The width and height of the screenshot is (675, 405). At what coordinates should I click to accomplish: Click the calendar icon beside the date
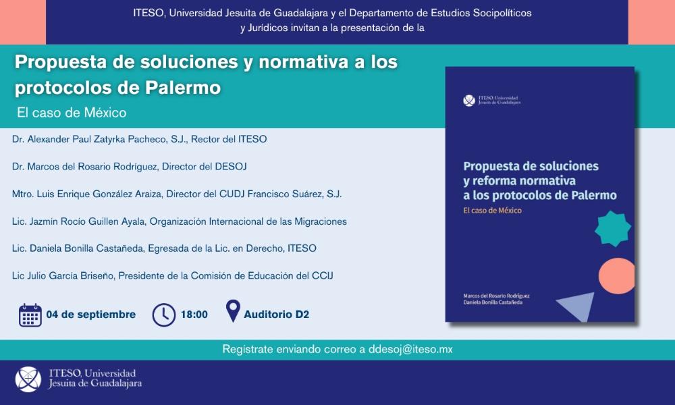pyautogui.click(x=30, y=315)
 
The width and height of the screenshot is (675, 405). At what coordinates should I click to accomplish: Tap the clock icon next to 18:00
pyautogui.click(x=163, y=315)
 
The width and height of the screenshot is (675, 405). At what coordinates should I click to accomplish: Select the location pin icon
pyautogui.click(x=233, y=311)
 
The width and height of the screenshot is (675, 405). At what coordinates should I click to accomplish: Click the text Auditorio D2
pyautogui.click(x=276, y=315)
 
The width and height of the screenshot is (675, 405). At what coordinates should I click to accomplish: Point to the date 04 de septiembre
pyautogui.click(x=91, y=315)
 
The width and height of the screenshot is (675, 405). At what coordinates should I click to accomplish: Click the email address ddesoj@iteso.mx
pyautogui.click(x=410, y=349)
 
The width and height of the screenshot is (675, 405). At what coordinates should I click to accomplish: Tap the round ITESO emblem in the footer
pyautogui.click(x=28, y=379)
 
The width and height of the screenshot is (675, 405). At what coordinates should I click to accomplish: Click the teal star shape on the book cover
pyautogui.click(x=613, y=229)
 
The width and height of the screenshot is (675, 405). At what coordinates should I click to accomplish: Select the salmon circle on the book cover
pyautogui.click(x=617, y=276)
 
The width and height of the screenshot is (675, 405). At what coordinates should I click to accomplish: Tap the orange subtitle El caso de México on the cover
pyautogui.click(x=493, y=211)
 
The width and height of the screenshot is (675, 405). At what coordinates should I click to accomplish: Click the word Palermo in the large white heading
pyautogui.click(x=183, y=87)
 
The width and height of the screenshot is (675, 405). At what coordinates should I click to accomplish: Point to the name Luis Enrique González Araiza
pyautogui.click(x=99, y=194)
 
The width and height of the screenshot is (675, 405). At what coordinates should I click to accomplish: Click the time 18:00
pyautogui.click(x=194, y=315)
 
